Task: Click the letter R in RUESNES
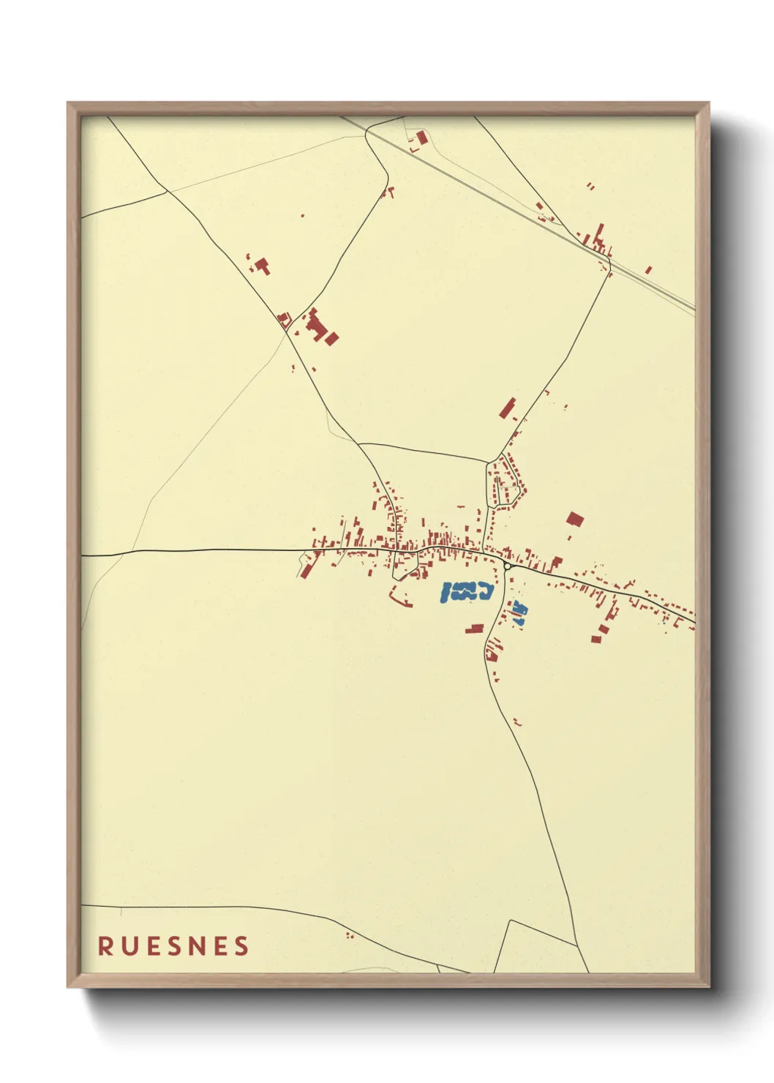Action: click(x=105, y=946)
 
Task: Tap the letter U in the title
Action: click(x=129, y=946)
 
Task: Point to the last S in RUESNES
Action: click(x=241, y=946)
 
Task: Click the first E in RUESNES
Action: click(x=153, y=946)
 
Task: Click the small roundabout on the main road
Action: click(x=507, y=566)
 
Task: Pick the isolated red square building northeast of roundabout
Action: click(x=575, y=520)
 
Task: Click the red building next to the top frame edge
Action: click(x=421, y=137)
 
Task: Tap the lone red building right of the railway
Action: click(x=648, y=270)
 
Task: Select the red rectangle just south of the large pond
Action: click(x=475, y=629)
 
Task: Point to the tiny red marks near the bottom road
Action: click(x=349, y=934)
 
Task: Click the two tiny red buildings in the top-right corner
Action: click(x=590, y=187)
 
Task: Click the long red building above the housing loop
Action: click(x=507, y=408)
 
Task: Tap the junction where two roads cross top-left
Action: click(x=168, y=191)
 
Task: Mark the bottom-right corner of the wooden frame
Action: click(x=708, y=986)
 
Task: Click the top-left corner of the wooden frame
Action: click(x=68, y=103)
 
